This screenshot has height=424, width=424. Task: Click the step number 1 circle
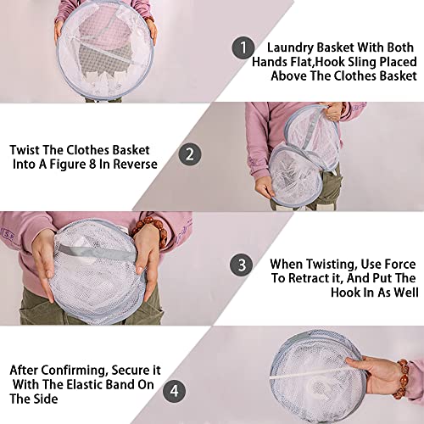point(243,47)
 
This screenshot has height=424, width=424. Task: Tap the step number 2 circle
point(190,154)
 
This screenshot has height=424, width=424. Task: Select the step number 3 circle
point(241,265)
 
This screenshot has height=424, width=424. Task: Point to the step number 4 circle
point(175,391)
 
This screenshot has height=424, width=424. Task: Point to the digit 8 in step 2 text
point(92,165)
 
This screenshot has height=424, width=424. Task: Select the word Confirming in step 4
point(75,371)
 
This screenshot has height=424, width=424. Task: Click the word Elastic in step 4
point(85,384)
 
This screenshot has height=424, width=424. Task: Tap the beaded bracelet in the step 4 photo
point(401,379)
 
